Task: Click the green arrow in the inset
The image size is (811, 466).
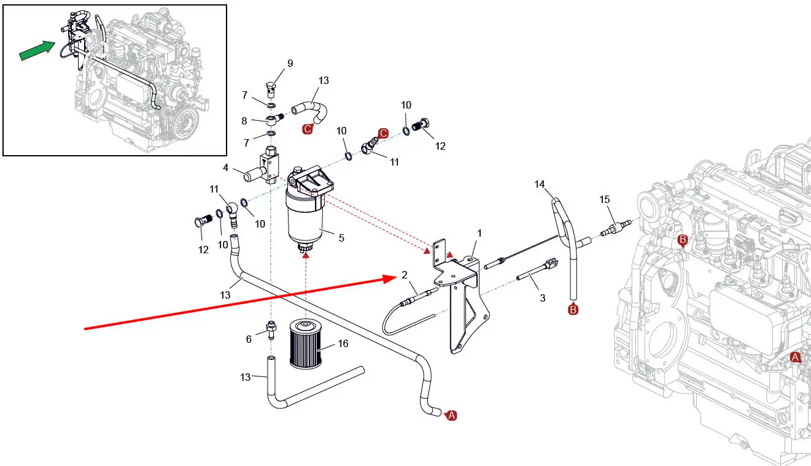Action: [37, 50]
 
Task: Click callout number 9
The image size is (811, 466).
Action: [290, 63]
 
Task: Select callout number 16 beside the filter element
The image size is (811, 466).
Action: [343, 343]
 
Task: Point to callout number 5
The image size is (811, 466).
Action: [341, 238]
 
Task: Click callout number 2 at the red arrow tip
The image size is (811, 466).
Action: [405, 275]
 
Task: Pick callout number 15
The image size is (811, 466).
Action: [605, 199]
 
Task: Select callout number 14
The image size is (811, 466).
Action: [540, 185]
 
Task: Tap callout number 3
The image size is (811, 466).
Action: [542, 298]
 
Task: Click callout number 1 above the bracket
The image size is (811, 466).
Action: [479, 233]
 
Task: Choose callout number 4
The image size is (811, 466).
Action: [225, 167]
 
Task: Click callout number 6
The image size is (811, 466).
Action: [249, 339]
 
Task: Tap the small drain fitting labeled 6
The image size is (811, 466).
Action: [271, 329]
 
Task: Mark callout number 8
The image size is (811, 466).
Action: [244, 121]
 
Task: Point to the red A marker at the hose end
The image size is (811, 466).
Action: [451, 416]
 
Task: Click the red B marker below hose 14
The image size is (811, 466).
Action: [573, 310]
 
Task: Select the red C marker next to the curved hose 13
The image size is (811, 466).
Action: [308, 129]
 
